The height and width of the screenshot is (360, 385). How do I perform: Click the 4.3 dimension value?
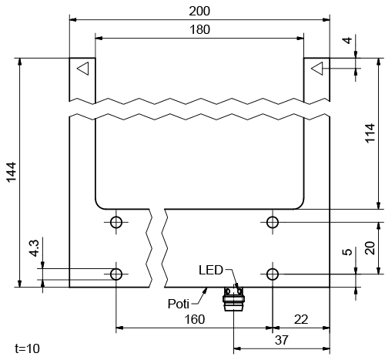coord(34,249)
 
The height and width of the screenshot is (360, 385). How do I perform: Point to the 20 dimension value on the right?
coord(371,247)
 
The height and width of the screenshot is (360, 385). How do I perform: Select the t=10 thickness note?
coord(27,348)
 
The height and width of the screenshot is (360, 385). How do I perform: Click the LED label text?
coord(210,270)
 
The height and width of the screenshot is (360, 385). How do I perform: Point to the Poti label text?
coord(179,303)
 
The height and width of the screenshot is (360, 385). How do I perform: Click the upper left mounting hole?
coord(116,223)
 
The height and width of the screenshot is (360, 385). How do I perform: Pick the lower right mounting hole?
coord(272,274)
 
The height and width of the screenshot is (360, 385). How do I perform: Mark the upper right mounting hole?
coord(272,223)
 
